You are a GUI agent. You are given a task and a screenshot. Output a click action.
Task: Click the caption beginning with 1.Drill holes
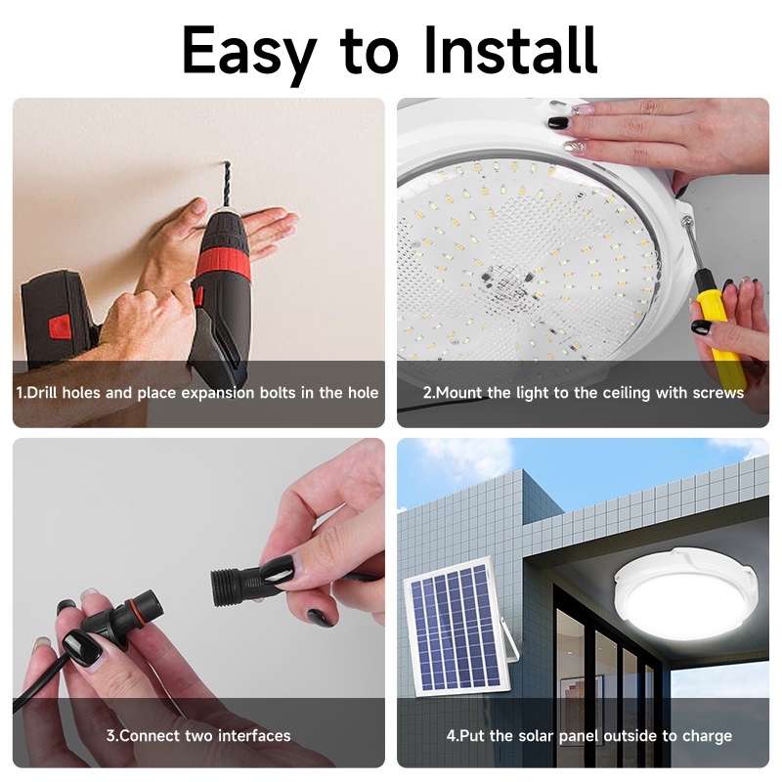coord(197,393)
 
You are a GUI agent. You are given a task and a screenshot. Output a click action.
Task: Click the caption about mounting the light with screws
coord(583,393)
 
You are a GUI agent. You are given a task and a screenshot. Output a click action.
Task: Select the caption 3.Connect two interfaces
coord(198,735)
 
